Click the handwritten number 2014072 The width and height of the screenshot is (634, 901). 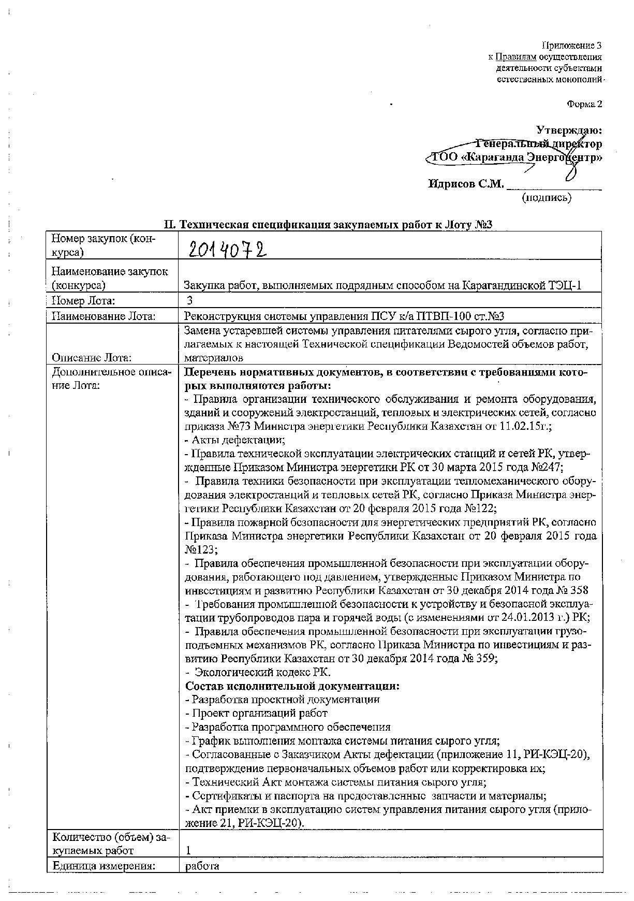(x=227, y=251)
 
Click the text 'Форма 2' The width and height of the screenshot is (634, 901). (x=584, y=104)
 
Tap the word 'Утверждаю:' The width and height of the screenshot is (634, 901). (x=569, y=130)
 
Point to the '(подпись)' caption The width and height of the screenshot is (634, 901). (x=547, y=197)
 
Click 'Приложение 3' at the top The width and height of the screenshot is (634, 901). (x=571, y=46)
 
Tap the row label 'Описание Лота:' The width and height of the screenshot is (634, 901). (x=91, y=357)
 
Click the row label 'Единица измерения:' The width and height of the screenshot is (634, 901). (x=104, y=866)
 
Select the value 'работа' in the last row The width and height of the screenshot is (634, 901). (x=202, y=866)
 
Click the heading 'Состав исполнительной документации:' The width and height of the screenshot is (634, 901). (x=292, y=686)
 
